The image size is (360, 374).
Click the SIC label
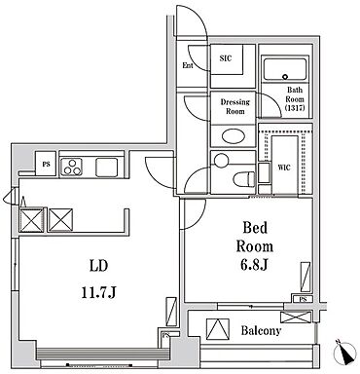[226, 58]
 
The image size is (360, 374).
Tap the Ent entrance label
[188, 65]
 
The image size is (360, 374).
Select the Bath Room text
[295, 94]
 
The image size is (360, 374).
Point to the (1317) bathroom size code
[295, 107]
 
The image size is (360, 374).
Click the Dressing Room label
[235, 106]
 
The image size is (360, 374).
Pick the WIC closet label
[284, 168]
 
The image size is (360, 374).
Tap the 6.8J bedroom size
[254, 265]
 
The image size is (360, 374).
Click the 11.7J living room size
[98, 293]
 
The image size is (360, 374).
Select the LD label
[98, 266]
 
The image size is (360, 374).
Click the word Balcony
[261, 331]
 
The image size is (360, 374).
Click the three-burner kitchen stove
[72, 167]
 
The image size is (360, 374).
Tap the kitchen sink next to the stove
[106, 168]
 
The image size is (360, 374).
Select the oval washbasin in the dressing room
[234, 135]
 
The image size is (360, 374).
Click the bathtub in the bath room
[285, 69]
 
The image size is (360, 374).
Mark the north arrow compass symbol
[345, 353]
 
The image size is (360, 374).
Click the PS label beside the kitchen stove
[47, 165]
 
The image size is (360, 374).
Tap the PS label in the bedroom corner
[303, 299]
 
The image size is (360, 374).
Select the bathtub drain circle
[285, 77]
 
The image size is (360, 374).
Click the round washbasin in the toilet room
[222, 160]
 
